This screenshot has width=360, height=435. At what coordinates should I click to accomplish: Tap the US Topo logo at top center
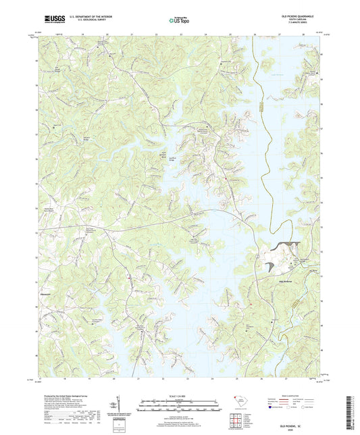tap(179, 20)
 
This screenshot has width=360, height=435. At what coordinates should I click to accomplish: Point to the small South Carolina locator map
tap(241, 403)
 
